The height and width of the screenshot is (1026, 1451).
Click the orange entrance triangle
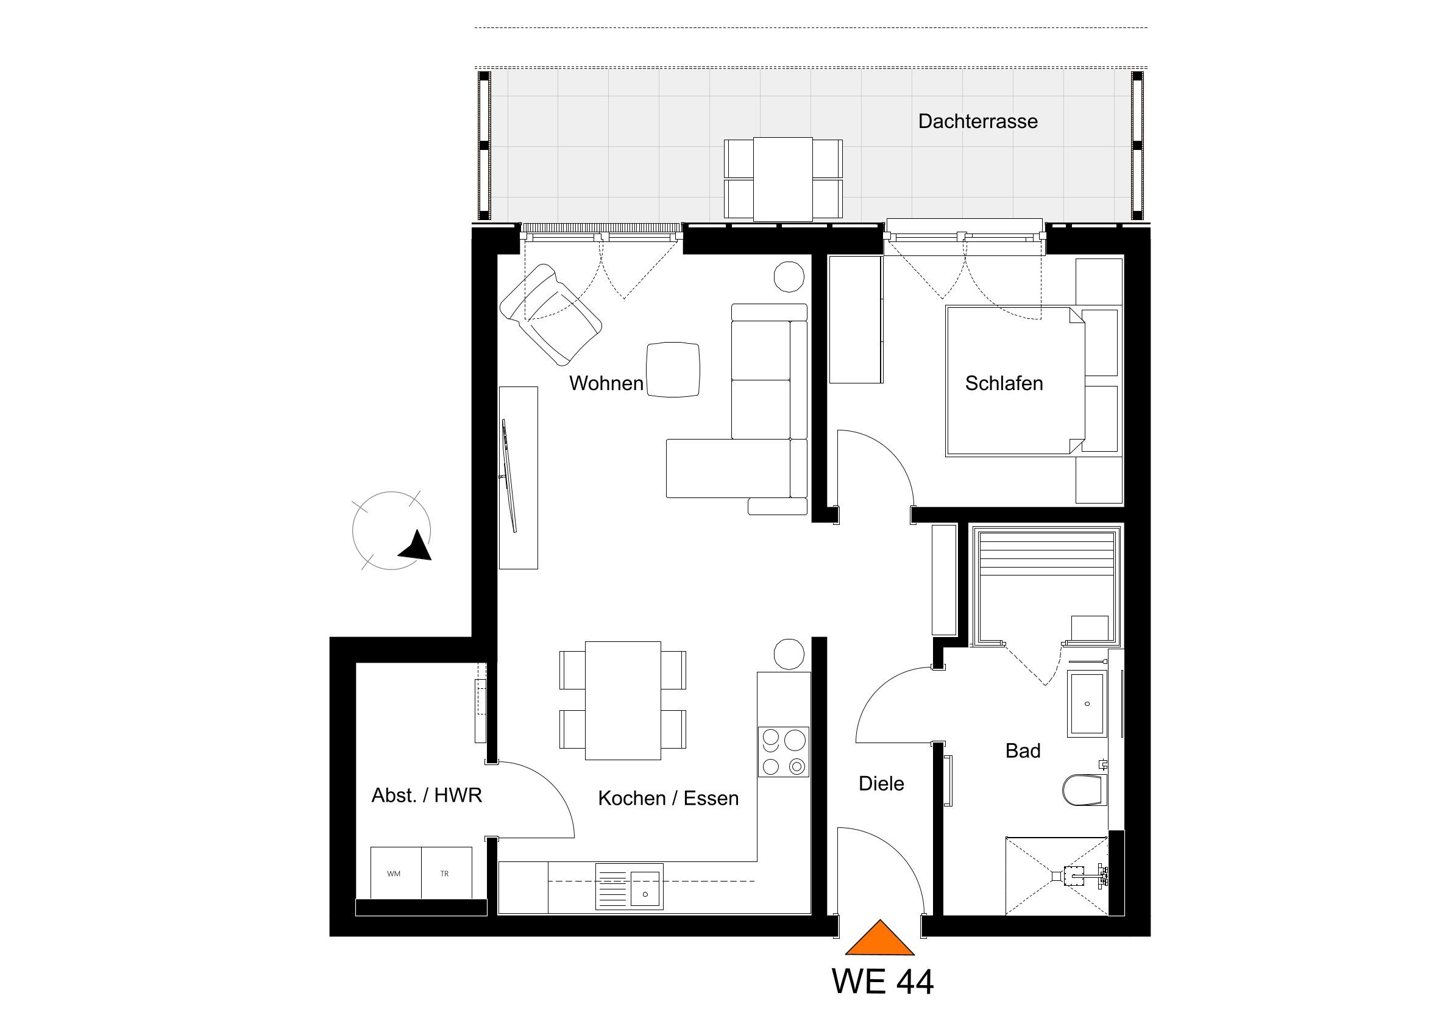click(x=880, y=938)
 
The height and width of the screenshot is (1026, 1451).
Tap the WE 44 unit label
click(x=883, y=981)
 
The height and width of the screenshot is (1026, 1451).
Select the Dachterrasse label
click(x=977, y=121)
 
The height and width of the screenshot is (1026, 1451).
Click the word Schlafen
click(x=1004, y=383)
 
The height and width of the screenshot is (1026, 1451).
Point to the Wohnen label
click(x=606, y=383)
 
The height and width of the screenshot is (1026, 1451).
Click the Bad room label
click(x=1023, y=751)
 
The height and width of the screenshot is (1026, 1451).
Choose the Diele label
click(x=881, y=784)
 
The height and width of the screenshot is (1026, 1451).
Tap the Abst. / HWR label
click(x=427, y=796)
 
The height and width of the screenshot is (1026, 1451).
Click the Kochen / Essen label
click(x=668, y=799)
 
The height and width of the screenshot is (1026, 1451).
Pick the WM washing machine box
click(x=395, y=872)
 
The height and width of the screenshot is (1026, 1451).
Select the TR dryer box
click(x=446, y=872)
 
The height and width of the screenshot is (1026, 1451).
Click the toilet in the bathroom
click(x=1085, y=789)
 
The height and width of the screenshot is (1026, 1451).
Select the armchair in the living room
click(x=550, y=314)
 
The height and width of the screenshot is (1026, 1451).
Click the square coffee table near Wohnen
click(x=673, y=370)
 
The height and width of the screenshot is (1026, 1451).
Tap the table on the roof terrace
click(x=783, y=179)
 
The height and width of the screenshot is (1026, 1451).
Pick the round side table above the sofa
click(x=789, y=277)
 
